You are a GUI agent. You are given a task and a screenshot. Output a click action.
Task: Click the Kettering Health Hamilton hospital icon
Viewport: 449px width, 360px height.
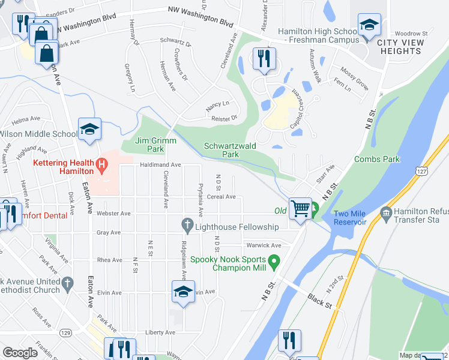click(102, 163)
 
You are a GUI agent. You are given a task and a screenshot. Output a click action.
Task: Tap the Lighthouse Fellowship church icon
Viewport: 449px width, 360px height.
click(187, 226)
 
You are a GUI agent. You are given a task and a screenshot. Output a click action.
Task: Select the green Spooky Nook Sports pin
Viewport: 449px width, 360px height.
click(274, 261)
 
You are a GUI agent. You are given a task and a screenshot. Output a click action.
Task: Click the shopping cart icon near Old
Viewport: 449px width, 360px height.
click(300, 208)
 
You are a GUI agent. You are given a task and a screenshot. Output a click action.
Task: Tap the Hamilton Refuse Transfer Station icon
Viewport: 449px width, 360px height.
click(385, 212)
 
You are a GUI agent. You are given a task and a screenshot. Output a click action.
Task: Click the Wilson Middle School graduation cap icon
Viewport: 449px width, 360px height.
click(89, 129)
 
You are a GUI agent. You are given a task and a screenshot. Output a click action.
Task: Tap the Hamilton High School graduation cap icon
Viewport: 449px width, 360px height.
click(369, 25)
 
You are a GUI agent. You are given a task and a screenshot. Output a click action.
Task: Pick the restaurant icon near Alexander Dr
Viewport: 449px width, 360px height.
click(264, 58)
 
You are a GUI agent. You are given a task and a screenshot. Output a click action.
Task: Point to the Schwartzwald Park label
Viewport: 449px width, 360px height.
click(229, 150)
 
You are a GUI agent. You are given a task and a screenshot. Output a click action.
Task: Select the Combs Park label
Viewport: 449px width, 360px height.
click(376, 159)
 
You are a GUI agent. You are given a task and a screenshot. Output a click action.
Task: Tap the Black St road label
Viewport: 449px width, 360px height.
click(319, 301)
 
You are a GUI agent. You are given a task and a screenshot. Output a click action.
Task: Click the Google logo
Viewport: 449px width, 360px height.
click(20, 353)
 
